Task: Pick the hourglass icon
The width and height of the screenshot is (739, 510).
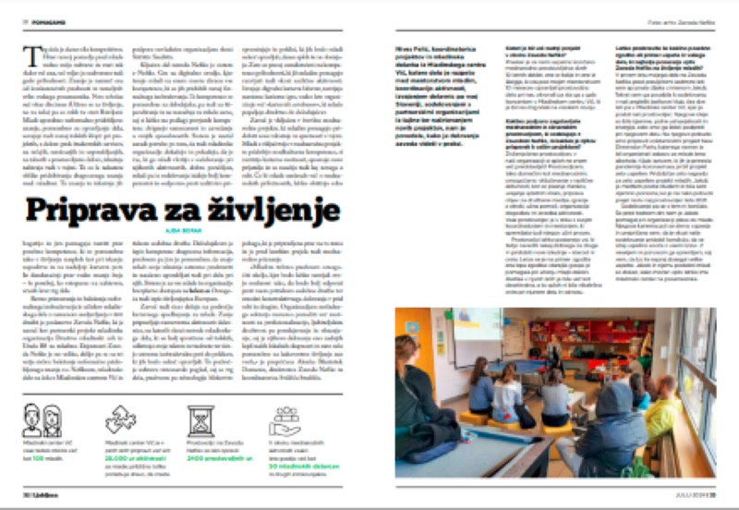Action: click(201, 421)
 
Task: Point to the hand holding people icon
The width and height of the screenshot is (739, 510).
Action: click(284, 422)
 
